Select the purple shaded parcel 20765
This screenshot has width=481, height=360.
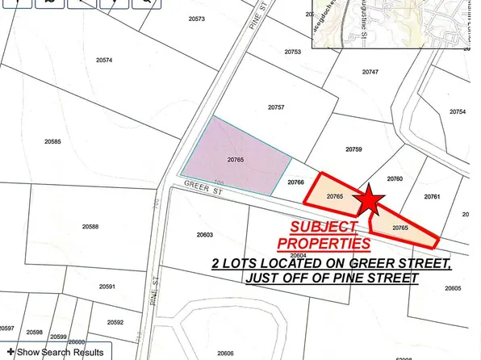coord(235,160)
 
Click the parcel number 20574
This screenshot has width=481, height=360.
coord(104,61)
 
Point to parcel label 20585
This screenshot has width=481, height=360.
coord(53,141)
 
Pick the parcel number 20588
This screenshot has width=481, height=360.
coord(90,227)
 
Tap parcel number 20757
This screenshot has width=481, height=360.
coord(277,107)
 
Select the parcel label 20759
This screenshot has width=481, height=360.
coord(353,149)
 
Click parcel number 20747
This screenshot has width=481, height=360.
coord(370,72)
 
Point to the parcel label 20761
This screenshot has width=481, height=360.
coord(432,197)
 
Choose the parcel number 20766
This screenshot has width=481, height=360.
coord(295,183)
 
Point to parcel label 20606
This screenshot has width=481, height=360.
coord(225,353)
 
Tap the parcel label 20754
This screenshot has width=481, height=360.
coord(458,111)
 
